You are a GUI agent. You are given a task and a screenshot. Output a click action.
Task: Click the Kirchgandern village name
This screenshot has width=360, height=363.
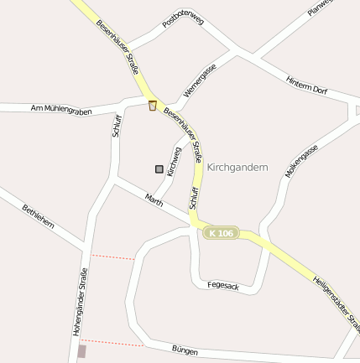[237, 168]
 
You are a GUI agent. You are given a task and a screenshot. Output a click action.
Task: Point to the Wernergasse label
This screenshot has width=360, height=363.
[200, 80]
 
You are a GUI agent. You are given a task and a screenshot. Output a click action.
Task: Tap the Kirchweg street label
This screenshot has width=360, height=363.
[174, 161]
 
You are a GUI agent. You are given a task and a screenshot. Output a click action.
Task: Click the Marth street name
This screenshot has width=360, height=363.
[154, 200]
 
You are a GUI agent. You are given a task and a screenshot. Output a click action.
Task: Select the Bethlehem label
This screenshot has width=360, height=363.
[39, 216]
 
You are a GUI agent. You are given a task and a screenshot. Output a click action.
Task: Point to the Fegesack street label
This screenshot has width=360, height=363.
[223, 287]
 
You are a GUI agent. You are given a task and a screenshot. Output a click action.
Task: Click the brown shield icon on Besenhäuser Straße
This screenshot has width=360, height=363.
[152, 106]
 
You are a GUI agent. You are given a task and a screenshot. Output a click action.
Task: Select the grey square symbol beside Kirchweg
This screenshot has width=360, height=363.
[159, 169]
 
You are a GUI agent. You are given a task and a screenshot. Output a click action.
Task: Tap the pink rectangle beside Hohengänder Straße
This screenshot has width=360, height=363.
[81, 352]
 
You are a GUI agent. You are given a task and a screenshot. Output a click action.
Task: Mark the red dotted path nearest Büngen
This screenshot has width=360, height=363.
[112, 342]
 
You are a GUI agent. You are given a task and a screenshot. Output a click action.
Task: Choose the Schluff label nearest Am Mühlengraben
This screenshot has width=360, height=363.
[117, 125]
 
